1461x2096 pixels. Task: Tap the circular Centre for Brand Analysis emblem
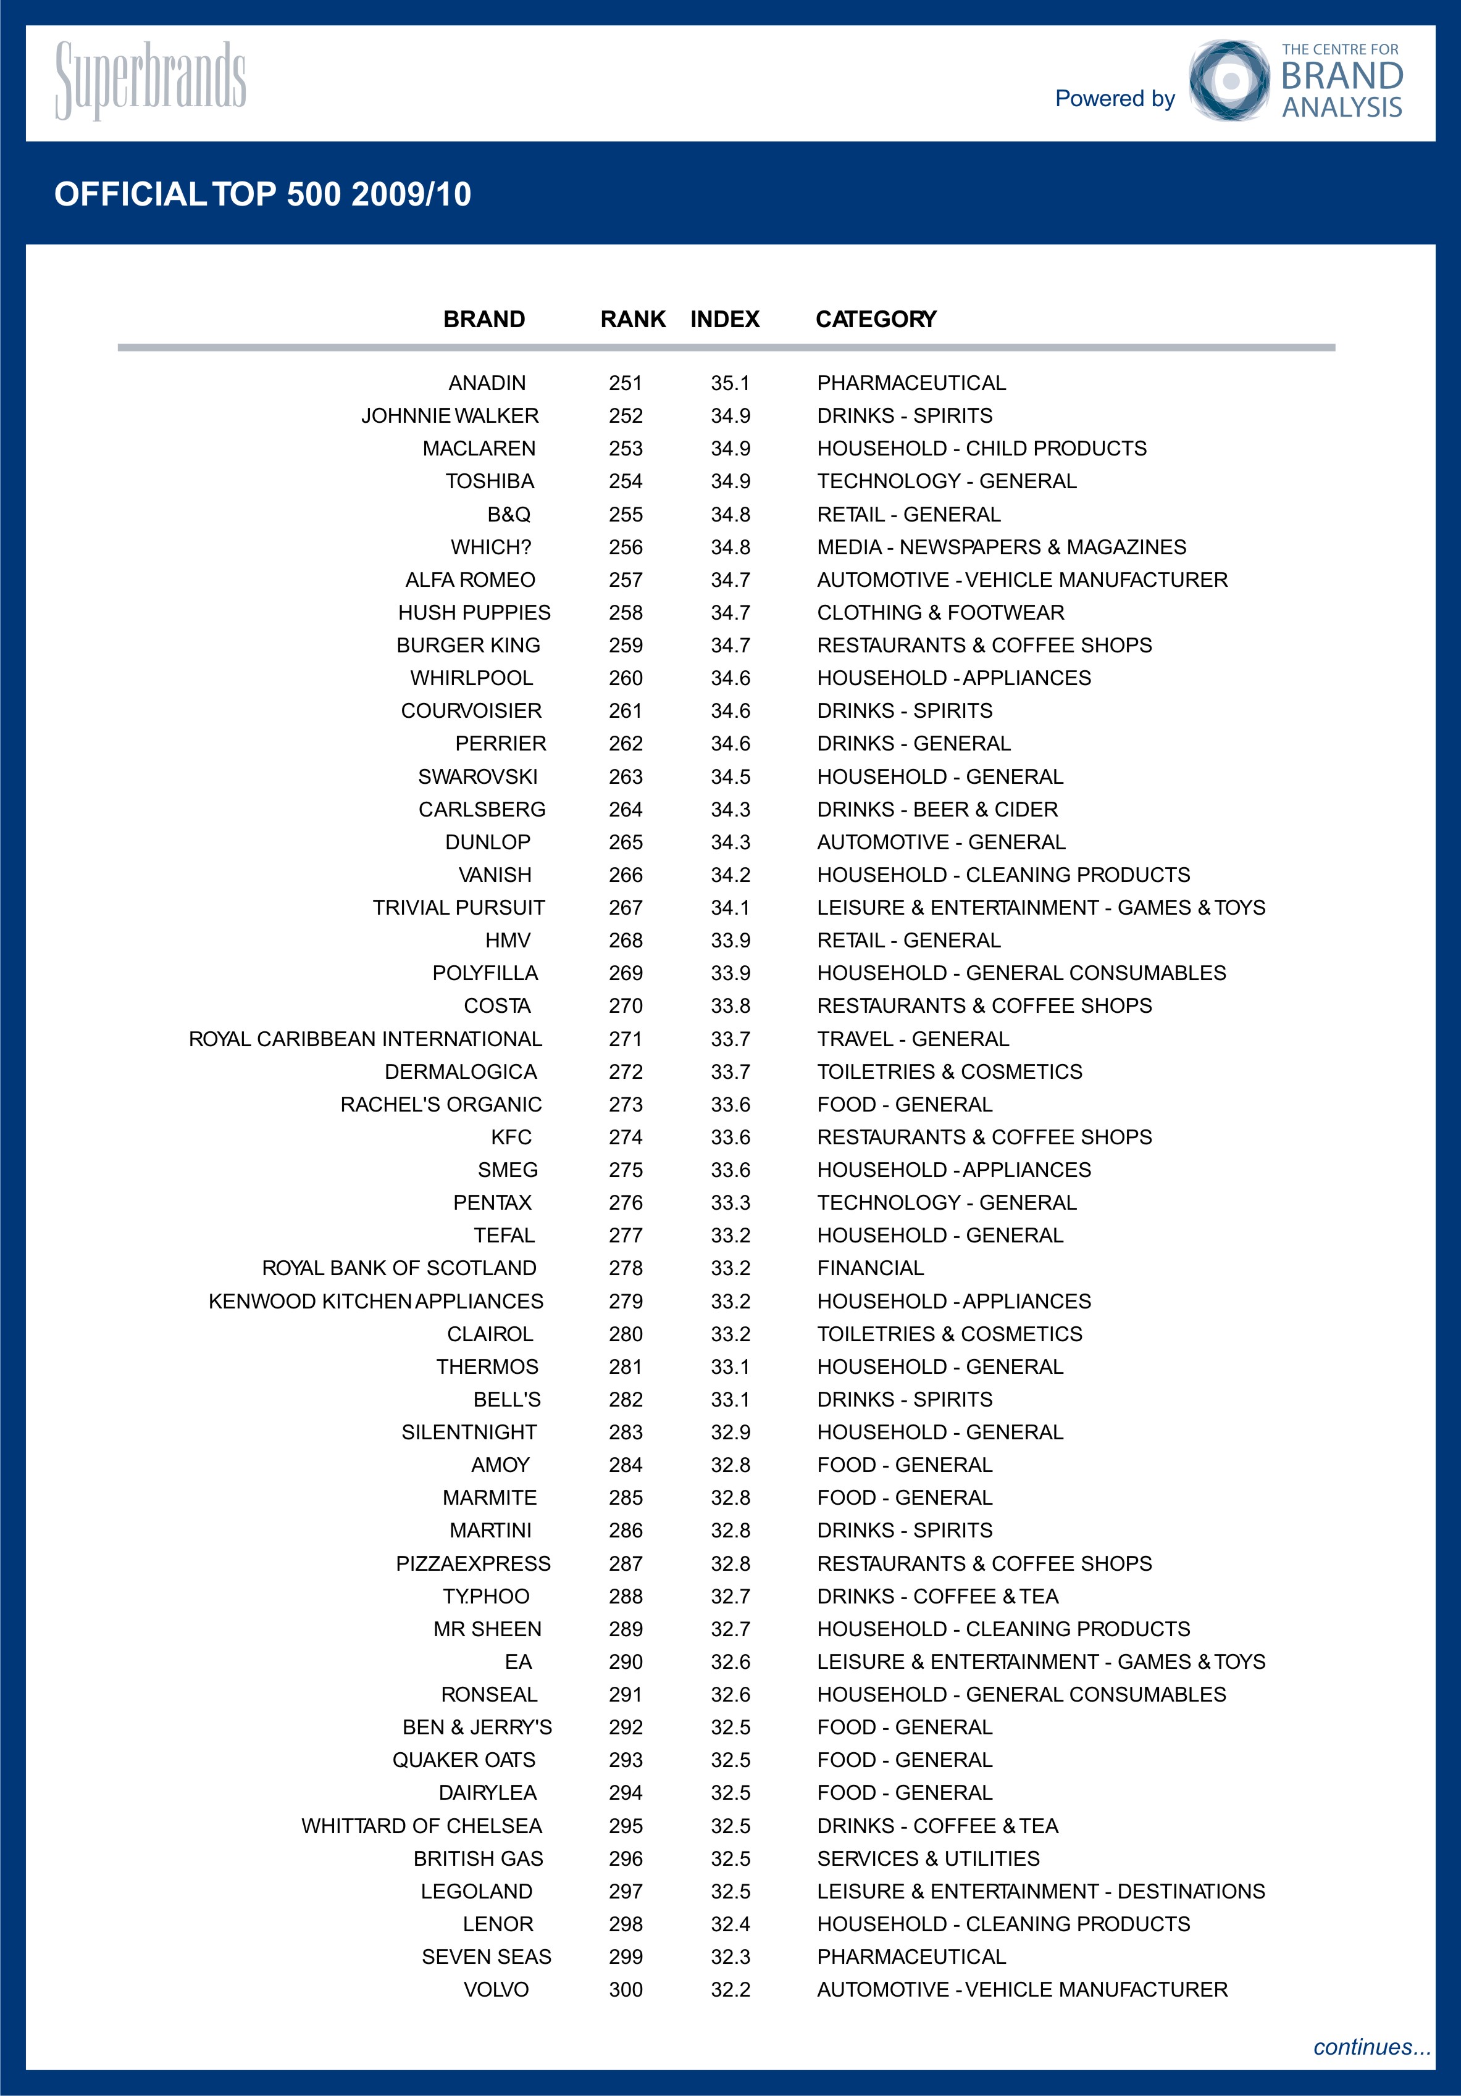(1229, 80)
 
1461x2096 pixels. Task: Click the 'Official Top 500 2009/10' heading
(263, 194)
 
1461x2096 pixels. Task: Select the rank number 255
(626, 514)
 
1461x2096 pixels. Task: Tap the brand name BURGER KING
(469, 646)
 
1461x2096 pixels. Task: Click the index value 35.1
(730, 383)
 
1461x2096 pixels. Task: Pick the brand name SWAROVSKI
(477, 777)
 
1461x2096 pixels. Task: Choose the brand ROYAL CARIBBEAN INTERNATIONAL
(366, 1039)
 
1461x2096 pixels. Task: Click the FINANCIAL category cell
(870, 1268)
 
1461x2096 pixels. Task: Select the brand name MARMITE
(490, 1498)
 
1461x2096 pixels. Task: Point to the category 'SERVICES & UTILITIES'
(927, 1858)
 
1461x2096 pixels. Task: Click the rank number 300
(626, 1990)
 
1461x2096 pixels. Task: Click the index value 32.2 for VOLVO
(730, 1990)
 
